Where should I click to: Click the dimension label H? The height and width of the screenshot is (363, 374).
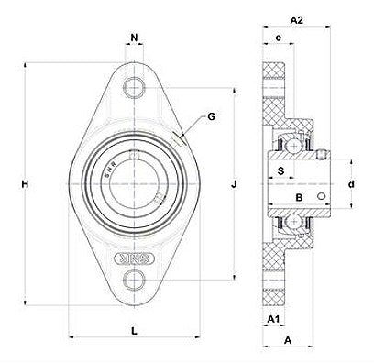click(x=25, y=184)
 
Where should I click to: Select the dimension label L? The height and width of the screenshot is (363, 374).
click(x=134, y=331)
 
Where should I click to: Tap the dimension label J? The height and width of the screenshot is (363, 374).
click(x=234, y=184)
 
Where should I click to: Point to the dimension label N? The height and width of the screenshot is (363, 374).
click(x=134, y=38)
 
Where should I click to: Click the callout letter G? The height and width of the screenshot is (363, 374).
click(x=211, y=116)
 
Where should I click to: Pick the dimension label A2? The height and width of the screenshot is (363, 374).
click(x=296, y=20)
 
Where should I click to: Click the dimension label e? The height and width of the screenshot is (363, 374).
click(x=278, y=38)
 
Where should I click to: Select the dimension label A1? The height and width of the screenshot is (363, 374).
click(x=273, y=319)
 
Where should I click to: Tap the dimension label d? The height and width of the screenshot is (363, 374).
click(x=352, y=184)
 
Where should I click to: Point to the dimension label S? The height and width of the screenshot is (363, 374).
click(x=280, y=170)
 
